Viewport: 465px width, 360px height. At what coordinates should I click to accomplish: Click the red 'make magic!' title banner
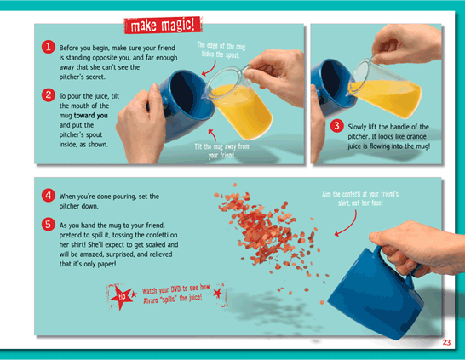pyautogui.click(x=163, y=25)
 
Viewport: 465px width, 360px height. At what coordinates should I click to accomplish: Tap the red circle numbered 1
pyautogui.click(x=48, y=47)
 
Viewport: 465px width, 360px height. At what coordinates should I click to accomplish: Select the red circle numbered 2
pyautogui.click(x=48, y=95)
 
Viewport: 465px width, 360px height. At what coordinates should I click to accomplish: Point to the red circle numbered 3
pyautogui.click(x=336, y=126)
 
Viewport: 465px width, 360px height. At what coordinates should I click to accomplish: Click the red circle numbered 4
pyautogui.click(x=48, y=196)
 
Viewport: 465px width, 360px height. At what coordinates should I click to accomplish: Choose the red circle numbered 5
pyautogui.click(x=48, y=225)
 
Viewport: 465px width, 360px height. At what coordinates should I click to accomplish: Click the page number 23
pyautogui.click(x=446, y=342)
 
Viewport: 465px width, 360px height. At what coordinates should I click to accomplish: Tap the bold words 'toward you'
pyautogui.click(x=91, y=115)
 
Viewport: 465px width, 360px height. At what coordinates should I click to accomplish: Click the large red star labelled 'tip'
pyautogui.click(x=121, y=297)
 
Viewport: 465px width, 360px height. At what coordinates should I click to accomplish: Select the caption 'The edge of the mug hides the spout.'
pyautogui.click(x=221, y=49)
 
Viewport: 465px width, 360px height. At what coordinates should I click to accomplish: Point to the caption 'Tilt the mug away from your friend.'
pyautogui.click(x=221, y=151)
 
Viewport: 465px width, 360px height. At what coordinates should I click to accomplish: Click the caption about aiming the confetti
pyautogui.click(x=360, y=198)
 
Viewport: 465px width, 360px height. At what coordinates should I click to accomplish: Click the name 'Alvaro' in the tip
pyautogui.click(x=151, y=300)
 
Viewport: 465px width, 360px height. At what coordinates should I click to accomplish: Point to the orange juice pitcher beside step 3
pyautogui.click(x=385, y=89)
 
